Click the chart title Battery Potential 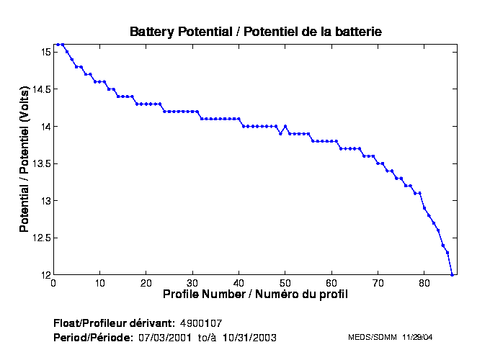coord(255,32)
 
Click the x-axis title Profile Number coord(255,294)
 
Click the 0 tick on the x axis coord(53,283)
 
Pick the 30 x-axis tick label coord(192,283)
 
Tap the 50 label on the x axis coord(285,283)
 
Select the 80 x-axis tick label coord(424,283)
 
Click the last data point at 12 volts coord(452,274)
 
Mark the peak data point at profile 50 coord(285,126)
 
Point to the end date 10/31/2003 coord(249,337)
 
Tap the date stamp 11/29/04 coord(418,337)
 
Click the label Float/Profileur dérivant coord(114,322)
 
